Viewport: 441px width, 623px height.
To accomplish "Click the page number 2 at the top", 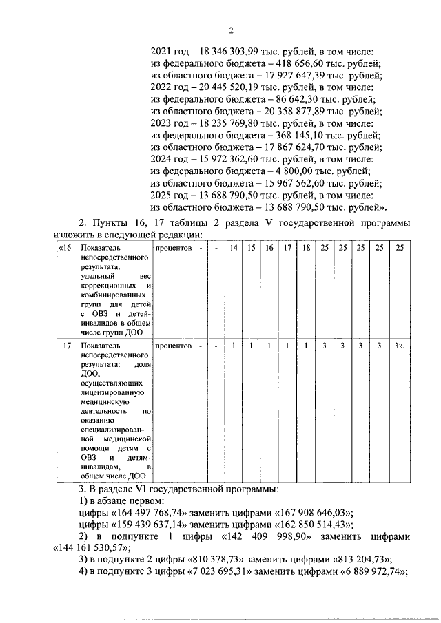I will click(x=232, y=30).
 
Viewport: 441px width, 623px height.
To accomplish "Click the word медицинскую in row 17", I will click(x=104, y=400).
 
